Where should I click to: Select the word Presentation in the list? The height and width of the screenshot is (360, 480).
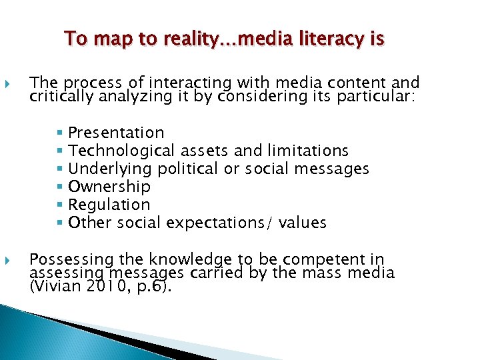click(116, 133)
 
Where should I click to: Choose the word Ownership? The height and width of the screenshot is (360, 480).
click(109, 187)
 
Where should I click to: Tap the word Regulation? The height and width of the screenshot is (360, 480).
click(109, 205)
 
